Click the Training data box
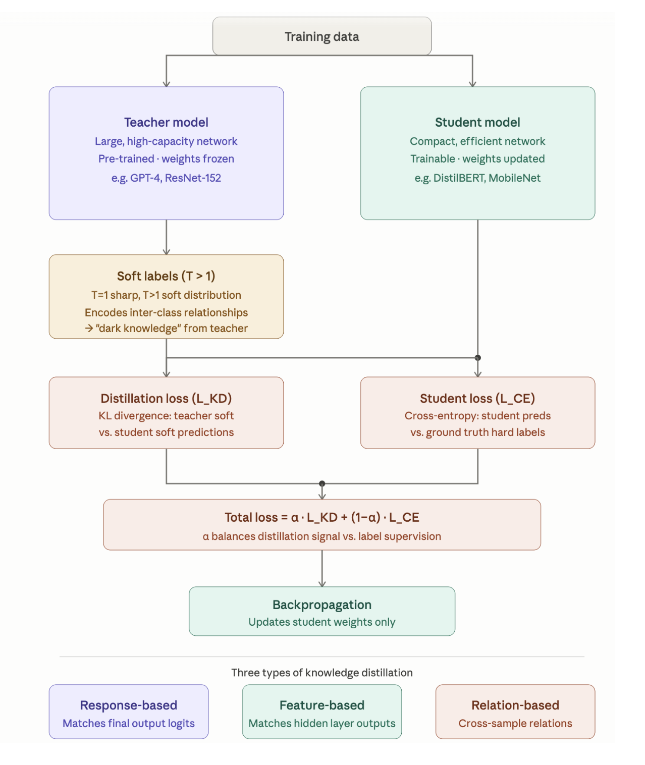(322, 36)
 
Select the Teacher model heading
(166, 123)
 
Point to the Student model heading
(477, 123)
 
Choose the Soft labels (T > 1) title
(166, 276)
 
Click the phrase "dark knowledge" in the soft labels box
(138, 329)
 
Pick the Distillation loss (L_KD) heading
(166, 398)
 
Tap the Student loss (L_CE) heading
(477, 398)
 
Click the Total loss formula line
(322, 517)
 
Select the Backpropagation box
(322, 611)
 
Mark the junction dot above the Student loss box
(477, 358)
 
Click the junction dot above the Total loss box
(322, 483)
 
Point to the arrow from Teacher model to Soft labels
(167, 237)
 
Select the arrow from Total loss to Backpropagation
(322, 569)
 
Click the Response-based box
(129, 712)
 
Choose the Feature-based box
(322, 712)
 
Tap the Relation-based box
(515, 712)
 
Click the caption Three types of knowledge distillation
(322, 673)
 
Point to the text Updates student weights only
(322, 622)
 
